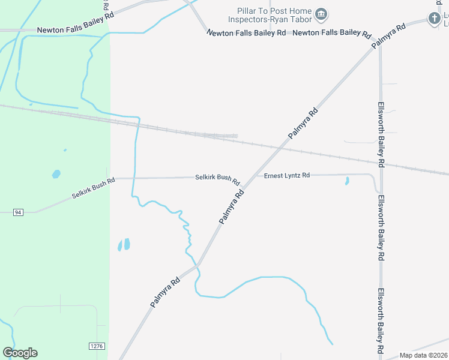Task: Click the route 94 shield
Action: [x=18, y=212]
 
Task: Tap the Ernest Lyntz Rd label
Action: [x=287, y=175]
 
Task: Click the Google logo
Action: [x=20, y=353]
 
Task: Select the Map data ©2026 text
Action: [x=424, y=355]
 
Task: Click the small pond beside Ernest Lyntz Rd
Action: [x=347, y=180]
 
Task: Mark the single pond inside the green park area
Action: [x=56, y=174]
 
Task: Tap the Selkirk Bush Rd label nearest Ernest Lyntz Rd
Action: [x=217, y=178]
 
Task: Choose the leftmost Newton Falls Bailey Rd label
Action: [x=75, y=29]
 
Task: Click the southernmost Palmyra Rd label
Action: [x=165, y=293]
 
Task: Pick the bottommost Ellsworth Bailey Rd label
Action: [x=381, y=320]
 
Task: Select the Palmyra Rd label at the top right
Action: [x=388, y=36]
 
